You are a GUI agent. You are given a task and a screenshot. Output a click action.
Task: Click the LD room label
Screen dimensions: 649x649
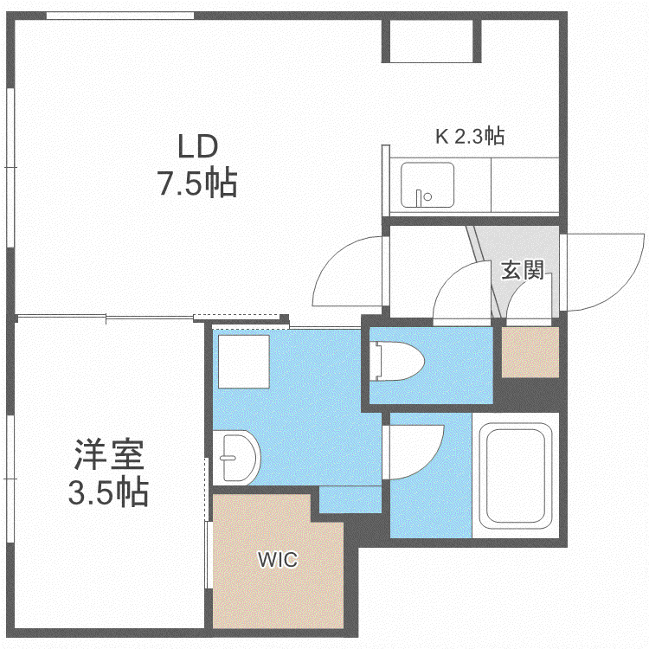click(198, 146)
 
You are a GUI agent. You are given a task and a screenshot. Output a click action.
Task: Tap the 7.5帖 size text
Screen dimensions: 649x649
click(198, 182)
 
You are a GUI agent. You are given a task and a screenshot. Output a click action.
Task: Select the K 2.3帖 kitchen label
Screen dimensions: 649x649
click(470, 136)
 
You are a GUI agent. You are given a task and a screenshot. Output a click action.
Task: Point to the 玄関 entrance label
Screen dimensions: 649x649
click(522, 270)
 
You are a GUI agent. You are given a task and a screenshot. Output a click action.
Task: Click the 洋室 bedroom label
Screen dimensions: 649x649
click(109, 454)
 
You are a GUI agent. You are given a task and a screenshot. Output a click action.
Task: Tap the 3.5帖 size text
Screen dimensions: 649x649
click(108, 492)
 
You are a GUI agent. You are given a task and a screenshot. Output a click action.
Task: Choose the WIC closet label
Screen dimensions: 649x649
click(278, 560)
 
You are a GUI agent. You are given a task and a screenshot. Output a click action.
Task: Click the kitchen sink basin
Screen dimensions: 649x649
click(427, 184)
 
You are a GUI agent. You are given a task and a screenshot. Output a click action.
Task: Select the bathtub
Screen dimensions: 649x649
click(516, 476)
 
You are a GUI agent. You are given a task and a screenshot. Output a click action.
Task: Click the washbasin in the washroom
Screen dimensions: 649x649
click(236, 458)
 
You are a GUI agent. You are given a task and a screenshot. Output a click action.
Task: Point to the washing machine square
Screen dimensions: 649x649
click(244, 362)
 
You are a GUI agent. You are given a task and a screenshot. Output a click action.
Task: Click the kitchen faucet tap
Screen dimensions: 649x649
click(419, 197)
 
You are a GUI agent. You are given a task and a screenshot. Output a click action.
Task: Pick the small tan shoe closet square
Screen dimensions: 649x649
click(530, 352)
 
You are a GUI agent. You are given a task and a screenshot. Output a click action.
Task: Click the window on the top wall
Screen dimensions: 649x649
click(120, 16)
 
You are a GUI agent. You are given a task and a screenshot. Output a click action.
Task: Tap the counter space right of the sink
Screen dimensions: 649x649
click(525, 184)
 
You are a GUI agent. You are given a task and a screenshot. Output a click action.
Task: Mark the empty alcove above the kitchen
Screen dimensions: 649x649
click(432, 41)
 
